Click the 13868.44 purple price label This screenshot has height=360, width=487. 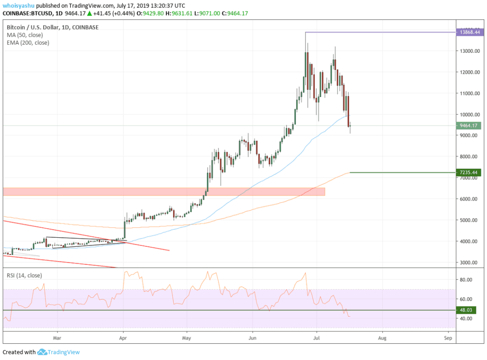[469, 32]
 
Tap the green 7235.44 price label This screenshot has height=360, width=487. [469, 173]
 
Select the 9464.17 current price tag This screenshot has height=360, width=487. [469, 126]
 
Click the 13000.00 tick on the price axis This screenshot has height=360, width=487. [469, 51]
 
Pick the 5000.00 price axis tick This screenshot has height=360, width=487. [468, 220]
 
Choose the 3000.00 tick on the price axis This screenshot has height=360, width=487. [468, 263]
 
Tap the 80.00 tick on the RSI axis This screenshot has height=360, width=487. [466, 280]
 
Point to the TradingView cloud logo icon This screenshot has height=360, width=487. [42, 352]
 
